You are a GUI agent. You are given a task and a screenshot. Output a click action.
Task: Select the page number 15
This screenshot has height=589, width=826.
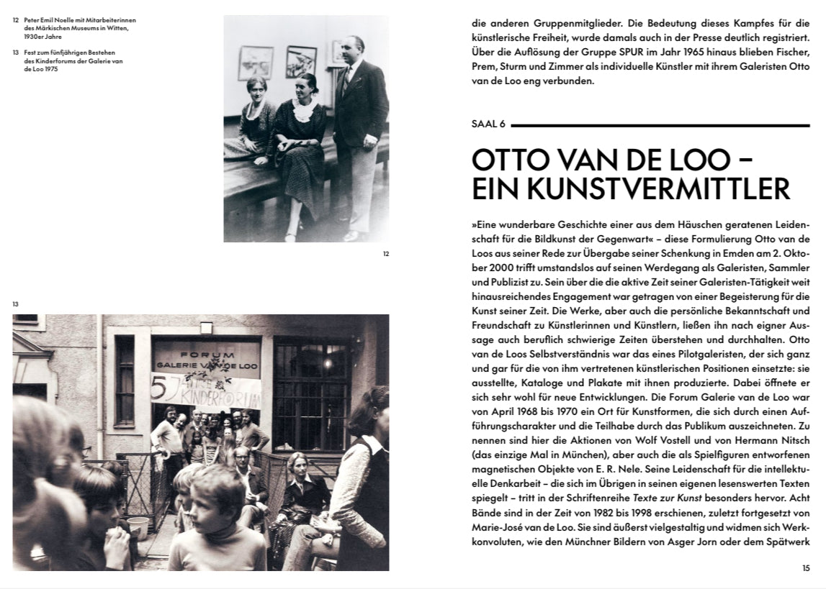coord(806,568)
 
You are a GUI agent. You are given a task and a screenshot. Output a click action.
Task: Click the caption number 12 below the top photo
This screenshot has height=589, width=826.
coord(385,253)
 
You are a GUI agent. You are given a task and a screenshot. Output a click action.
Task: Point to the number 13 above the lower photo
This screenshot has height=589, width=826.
coord(16,304)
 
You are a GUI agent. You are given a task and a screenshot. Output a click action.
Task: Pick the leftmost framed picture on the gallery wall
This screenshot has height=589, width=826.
coord(256,62)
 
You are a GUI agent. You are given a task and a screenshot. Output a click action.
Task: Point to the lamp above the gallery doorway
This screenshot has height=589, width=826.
coord(207,327)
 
